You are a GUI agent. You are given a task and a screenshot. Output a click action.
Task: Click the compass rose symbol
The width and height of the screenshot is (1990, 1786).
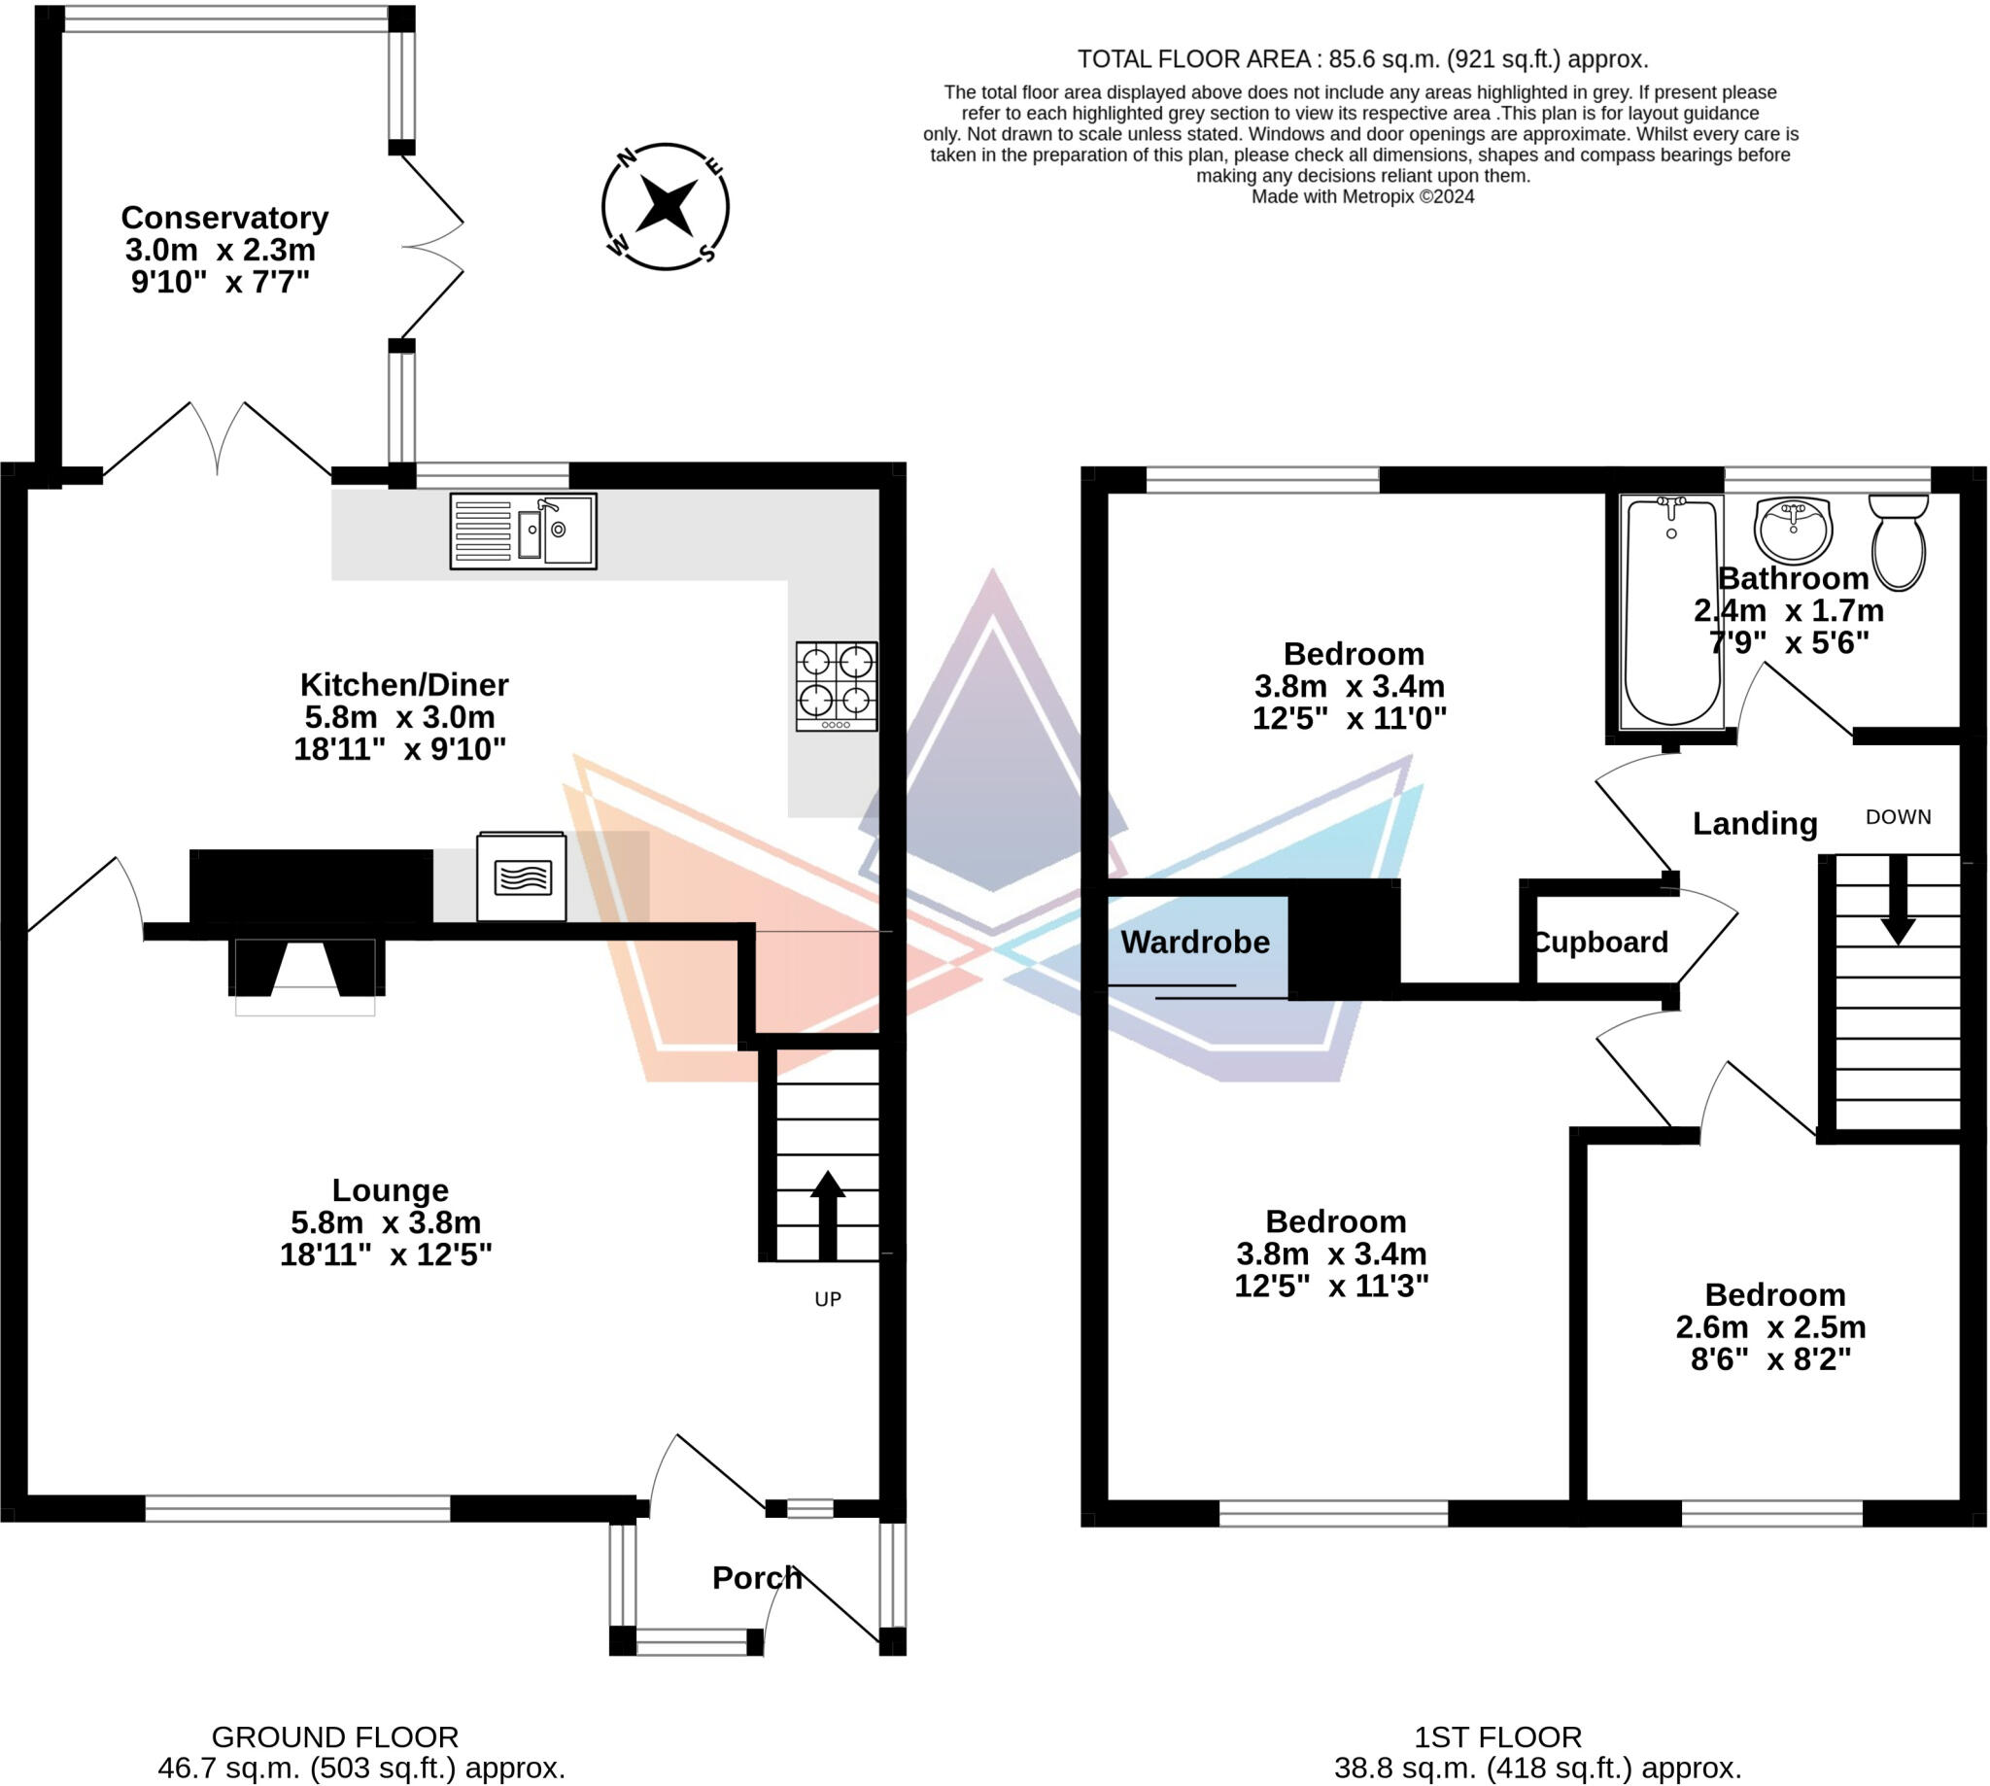[666, 206]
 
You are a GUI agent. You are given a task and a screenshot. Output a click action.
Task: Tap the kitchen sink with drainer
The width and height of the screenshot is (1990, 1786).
[523, 531]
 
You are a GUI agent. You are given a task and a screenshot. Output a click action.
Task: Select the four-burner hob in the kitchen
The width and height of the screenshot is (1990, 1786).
[836, 686]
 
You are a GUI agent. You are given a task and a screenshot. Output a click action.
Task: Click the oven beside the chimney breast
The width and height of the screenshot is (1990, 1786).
[521, 876]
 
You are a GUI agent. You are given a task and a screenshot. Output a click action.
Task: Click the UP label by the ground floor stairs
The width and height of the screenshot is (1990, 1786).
[828, 1299]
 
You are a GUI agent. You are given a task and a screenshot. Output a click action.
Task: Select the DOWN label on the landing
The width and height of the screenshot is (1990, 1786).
[1898, 816]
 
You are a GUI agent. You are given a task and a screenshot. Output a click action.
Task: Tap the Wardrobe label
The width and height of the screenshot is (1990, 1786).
[1195, 942]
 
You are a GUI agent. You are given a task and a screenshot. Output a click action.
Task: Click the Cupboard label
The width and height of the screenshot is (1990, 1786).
[1601, 942]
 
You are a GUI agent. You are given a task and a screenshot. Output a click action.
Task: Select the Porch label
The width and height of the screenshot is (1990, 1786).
[757, 1578]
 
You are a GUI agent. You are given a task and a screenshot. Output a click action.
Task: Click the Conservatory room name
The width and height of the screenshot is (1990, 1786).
[223, 217]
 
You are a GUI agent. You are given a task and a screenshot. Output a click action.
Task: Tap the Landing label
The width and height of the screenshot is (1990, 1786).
[1755, 823]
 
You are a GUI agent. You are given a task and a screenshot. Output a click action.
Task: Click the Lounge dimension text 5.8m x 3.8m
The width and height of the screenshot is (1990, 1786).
[386, 1222]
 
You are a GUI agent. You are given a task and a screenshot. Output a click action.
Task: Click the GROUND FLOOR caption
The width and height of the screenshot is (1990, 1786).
[334, 1737]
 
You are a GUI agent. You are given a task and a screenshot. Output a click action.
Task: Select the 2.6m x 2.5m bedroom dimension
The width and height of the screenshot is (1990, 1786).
[1770, 1326]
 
